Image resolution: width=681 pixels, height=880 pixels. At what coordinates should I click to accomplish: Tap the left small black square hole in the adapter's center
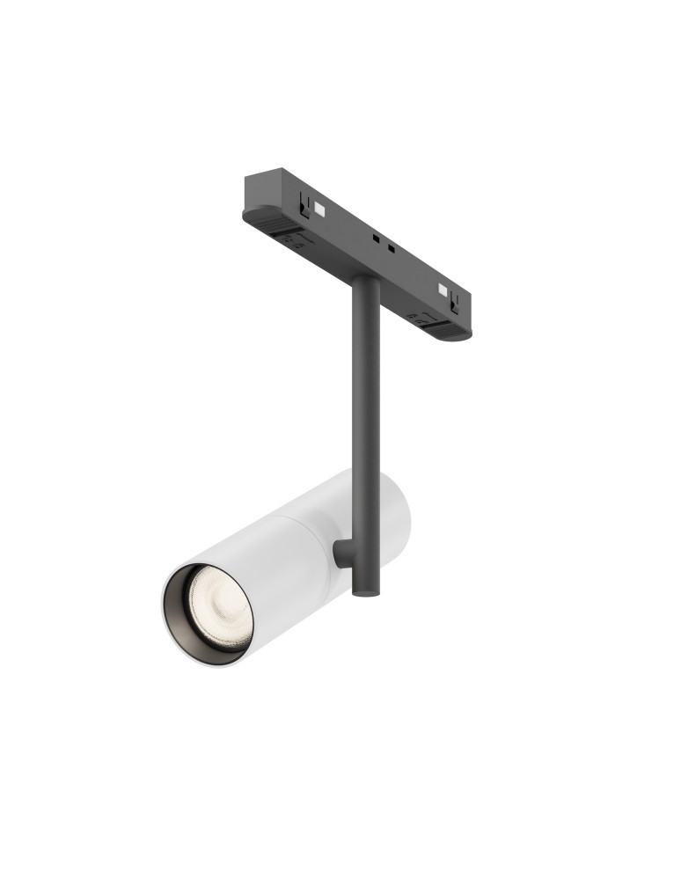pyautogui.click(x=375, y=238)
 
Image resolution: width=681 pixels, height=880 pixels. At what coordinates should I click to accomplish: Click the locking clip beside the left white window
pyautogui.click(x=304, y=204)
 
